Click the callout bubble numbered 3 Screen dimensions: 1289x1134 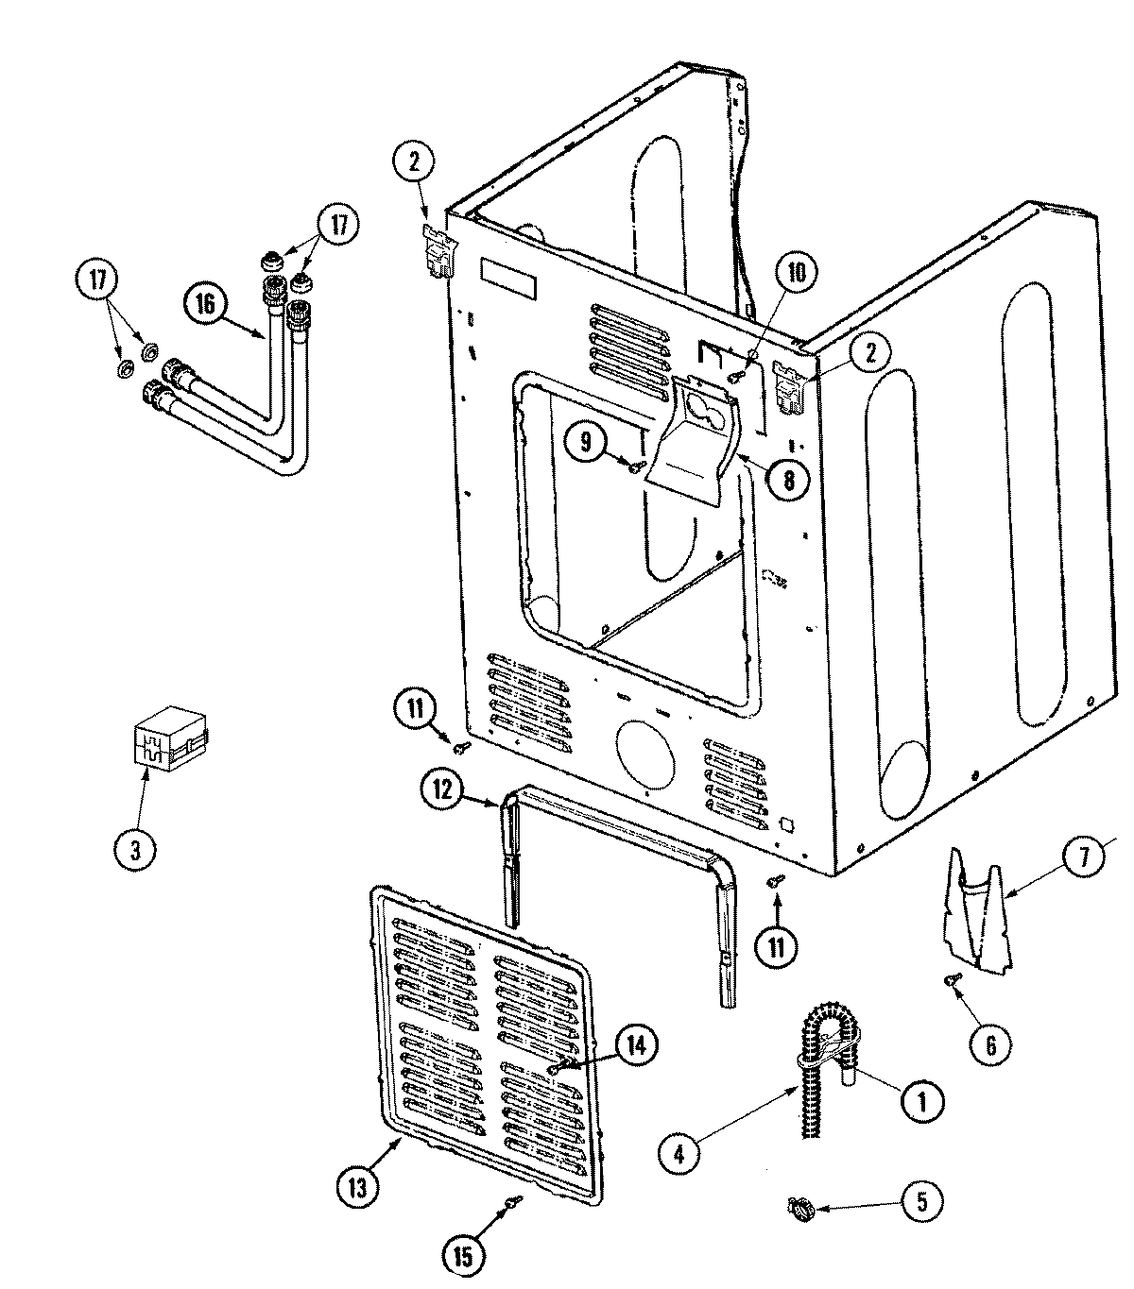[x=134, y=850]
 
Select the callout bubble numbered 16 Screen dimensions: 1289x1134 [x=206, y=304]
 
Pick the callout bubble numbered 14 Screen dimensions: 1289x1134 [x=636, y=1045]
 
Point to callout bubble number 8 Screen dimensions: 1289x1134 [x=787, y=479]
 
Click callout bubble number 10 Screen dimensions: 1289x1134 [x=797, y=274]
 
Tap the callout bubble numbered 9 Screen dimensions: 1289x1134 [x=587, y=441]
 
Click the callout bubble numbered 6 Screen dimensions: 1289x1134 [x=990, y=1044]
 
